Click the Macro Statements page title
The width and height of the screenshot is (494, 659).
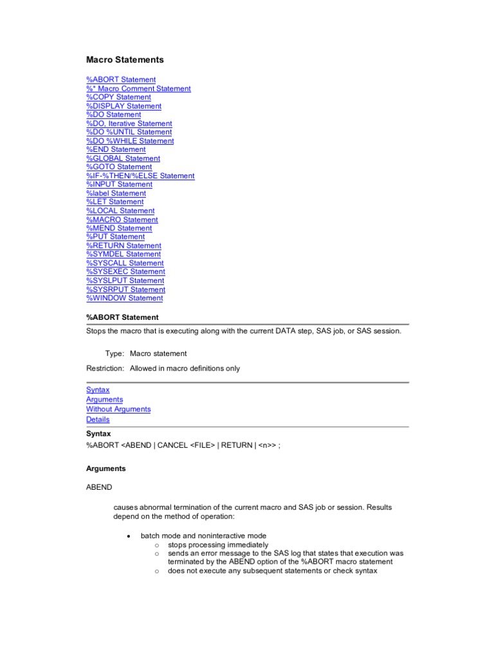click(125, 60)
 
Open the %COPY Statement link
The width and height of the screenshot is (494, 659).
click(118, 97)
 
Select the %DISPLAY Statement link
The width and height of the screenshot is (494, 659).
click(123, 106)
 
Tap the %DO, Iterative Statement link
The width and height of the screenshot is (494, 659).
click(129, 124)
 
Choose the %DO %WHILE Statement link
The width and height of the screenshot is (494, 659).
click(130, 141)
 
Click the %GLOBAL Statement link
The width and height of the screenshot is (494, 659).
click(123, 158)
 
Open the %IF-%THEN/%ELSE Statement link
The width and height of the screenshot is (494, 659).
click(140, 176)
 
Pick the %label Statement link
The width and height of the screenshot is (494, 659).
click(116, 193)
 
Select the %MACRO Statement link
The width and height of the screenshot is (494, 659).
click(122, 219)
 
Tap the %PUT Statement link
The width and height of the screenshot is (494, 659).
click(115, 237)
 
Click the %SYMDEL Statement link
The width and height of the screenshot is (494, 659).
click(123, 254)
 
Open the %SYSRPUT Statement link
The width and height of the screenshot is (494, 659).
click(125, 290)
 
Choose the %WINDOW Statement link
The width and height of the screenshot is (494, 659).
click(124, 298)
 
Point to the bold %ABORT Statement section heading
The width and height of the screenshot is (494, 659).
click(122, 317)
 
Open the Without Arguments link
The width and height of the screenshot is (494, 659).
click(118, 409)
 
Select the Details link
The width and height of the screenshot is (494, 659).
click(98, 420)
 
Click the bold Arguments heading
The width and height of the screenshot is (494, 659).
click(106, 469)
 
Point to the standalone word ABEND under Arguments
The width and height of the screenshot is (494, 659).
click(98, 488)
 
